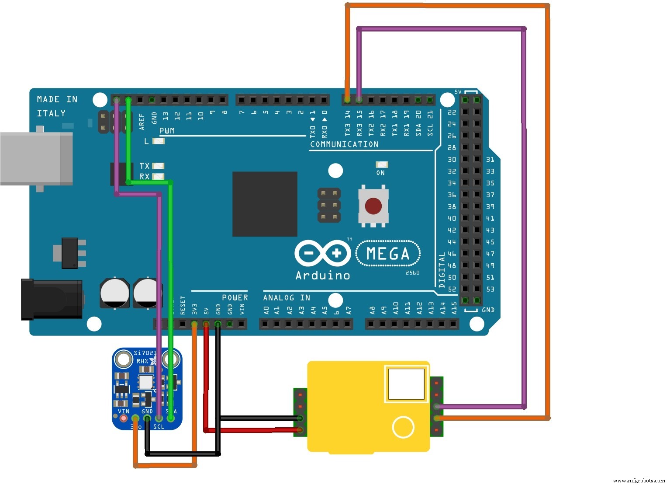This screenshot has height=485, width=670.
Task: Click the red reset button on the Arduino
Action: [x=373, y=206]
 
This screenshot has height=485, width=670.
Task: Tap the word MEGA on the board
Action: [x=388, y=254]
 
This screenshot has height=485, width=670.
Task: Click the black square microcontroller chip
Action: [x=265, y=204]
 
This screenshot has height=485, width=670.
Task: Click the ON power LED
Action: [x=382, y=165]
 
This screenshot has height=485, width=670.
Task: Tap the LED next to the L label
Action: [x=159, y=141]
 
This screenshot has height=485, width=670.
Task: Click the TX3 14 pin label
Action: [x=348, y=123]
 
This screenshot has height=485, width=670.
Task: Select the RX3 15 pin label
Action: [x=359, y=123]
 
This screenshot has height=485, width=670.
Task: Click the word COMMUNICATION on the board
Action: [x=344, y=144]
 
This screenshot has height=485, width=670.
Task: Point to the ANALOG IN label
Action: [x=287, y=298]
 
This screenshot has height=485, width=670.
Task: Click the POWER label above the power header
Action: [x=235, y=298]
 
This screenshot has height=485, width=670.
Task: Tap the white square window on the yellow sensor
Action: [x=406, y=384]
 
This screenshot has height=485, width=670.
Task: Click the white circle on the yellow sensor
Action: [x=403, y=427]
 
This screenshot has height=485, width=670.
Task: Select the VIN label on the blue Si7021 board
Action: [x=124, y=411]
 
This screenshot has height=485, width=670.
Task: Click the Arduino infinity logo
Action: [x=323, y=253]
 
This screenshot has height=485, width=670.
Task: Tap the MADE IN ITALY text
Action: [x=57, y=106]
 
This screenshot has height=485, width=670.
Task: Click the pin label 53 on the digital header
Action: [x=490, y=289]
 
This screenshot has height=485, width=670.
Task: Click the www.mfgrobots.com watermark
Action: [x=639, y=481]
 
